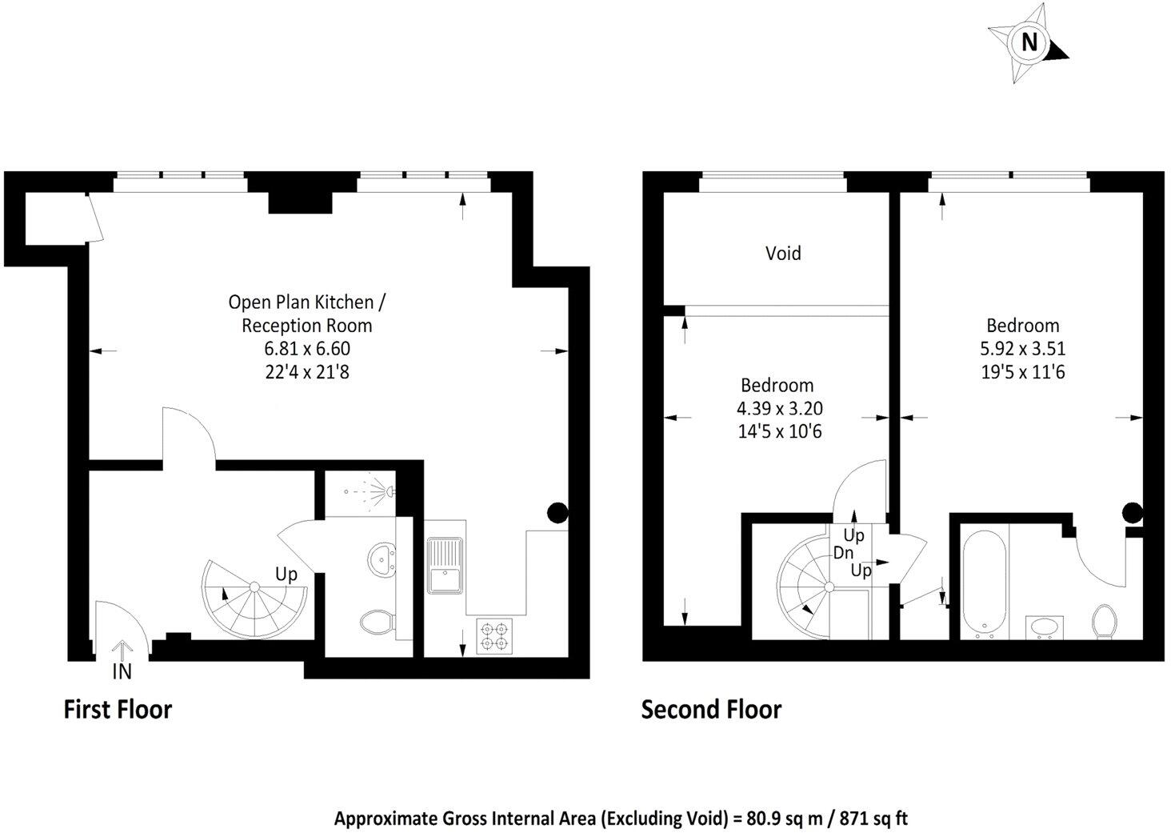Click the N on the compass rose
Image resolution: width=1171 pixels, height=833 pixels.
click(1029, 42)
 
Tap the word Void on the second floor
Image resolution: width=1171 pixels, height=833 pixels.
click(782, 254)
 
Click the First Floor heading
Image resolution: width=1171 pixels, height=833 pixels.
click(118, 710)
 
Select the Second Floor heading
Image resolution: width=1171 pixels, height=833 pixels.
click(710, 710)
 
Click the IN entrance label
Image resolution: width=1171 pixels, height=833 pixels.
click(122, 671)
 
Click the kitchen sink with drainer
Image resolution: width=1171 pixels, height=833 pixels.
click(445, 566)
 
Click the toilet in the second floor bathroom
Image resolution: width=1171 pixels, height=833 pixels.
click(1105, 621)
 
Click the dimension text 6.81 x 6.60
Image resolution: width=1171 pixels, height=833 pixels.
click(307, 349)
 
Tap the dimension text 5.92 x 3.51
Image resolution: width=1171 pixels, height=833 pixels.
click(1022, 349)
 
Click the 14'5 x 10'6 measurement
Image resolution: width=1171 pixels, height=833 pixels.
click(779, 432)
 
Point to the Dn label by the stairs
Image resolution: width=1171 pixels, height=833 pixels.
click(843, 553)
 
